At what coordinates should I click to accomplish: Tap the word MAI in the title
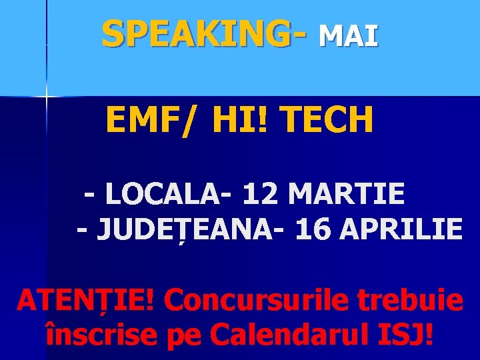click(348, 36)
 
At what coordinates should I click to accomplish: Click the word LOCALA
click(166, 194)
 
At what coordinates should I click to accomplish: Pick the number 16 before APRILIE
click(314, 229)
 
